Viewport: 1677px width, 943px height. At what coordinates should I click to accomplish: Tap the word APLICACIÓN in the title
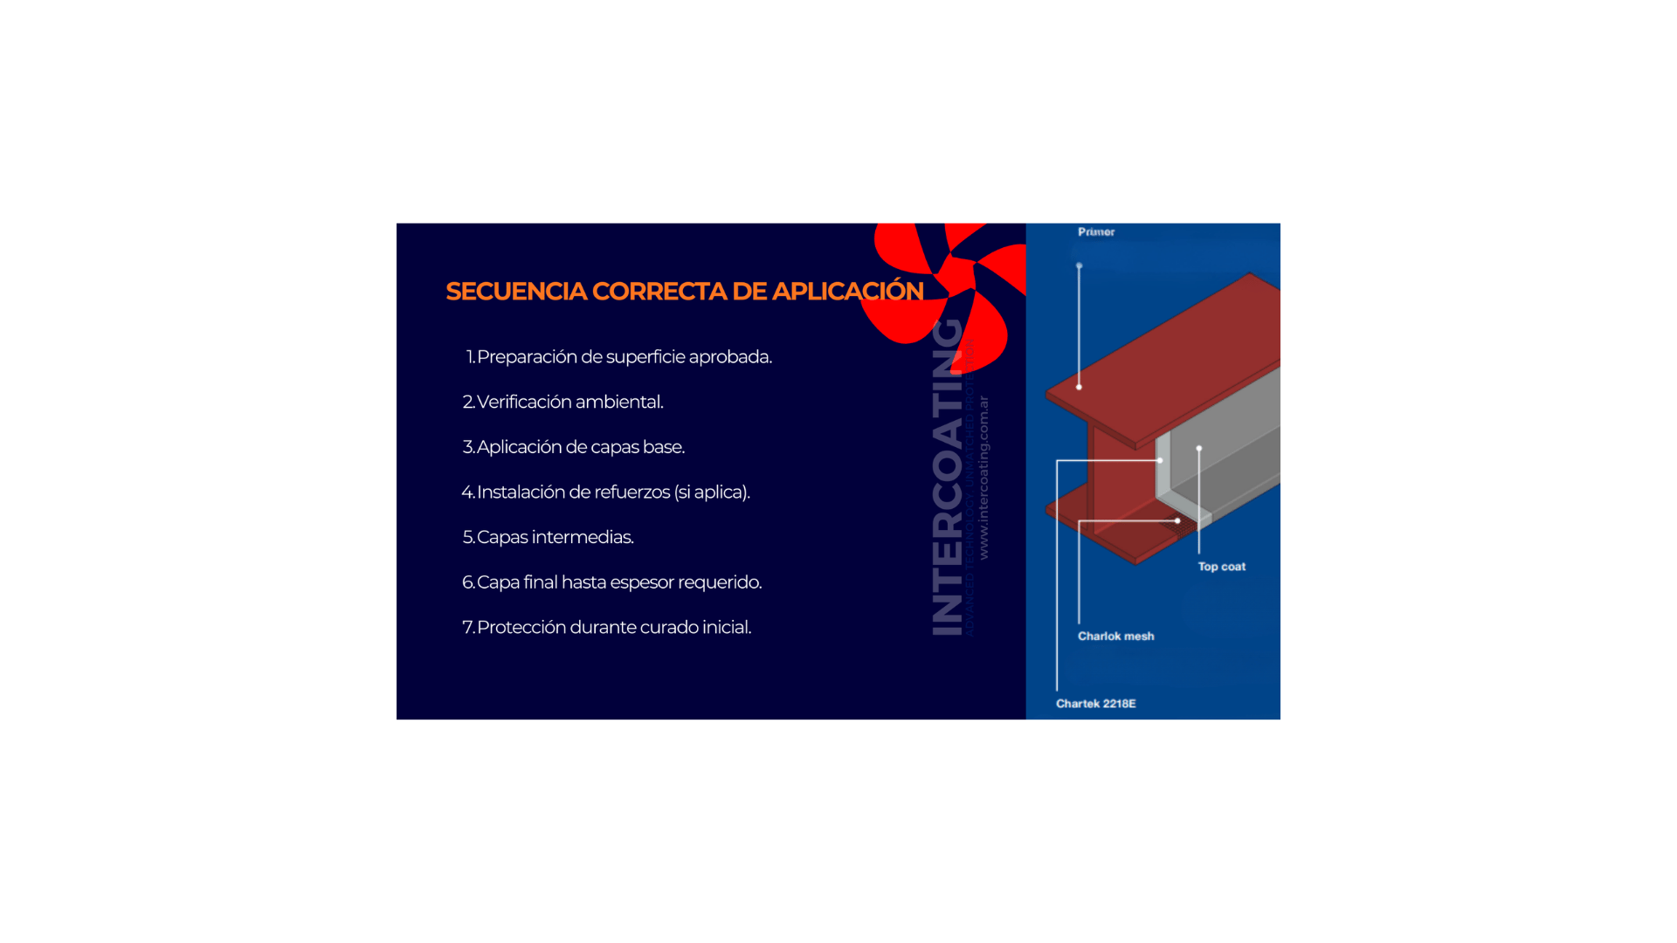click(x=847, y=292)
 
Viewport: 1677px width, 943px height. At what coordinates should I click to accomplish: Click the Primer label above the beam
click(x=1096, y=232)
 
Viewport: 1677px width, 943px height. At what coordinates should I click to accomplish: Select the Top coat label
click(x=1221, y=567)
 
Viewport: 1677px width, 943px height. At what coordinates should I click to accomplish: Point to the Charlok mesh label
click(x=1115, y=637)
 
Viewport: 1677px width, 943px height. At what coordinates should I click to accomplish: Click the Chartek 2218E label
click(x=1095, y=704)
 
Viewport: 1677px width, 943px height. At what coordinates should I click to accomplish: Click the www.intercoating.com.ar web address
click(x=983, y=478)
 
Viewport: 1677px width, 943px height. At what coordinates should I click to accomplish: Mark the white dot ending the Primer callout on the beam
click(x=1079, y=387)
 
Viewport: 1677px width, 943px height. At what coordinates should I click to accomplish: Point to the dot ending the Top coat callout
click(x=1199, y=448)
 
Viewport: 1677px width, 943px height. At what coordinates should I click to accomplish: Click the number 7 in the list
click(x=467, y=628)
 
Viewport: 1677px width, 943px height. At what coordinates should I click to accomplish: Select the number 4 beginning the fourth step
click(x=466, y=492)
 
